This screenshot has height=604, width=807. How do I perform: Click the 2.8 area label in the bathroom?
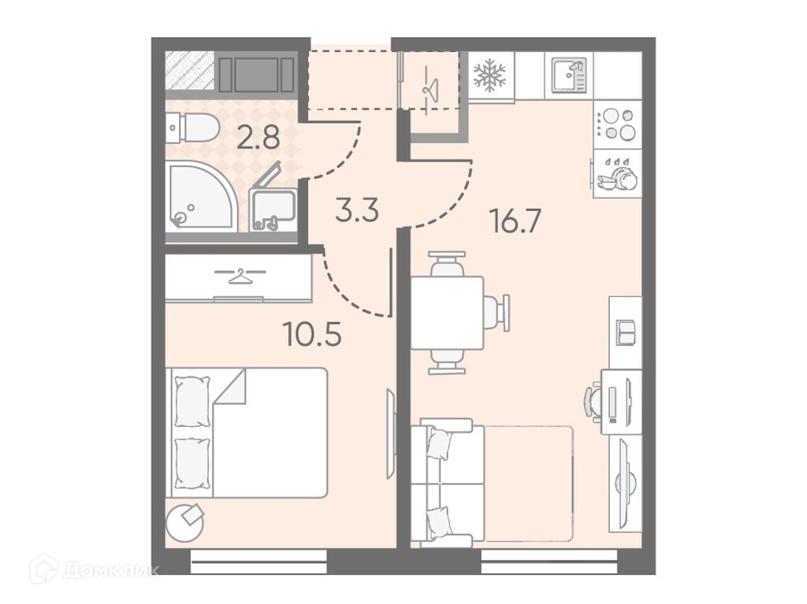click(x=258, y=138)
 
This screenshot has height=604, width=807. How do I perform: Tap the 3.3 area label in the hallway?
click(x=357, y=210)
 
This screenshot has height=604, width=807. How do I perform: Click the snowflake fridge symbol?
click(x=490, y=75)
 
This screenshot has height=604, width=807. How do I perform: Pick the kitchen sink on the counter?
click(x=569, y=75)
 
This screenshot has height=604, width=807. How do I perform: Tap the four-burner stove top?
click(x=618, y=124)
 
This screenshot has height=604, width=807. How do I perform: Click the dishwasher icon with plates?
click(x=616, y=173)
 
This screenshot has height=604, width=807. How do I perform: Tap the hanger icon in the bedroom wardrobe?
click(x=240, y=276)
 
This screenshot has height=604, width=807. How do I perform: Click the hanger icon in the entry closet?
click(x=430, y=87)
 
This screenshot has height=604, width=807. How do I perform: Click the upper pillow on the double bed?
click(x=192, y=402)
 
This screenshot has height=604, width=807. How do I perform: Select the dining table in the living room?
click(x=447, y=313)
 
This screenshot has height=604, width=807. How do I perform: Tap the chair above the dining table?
click(x=447, y=264)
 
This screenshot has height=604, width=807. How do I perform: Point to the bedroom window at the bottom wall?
click(x=258, y=561)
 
